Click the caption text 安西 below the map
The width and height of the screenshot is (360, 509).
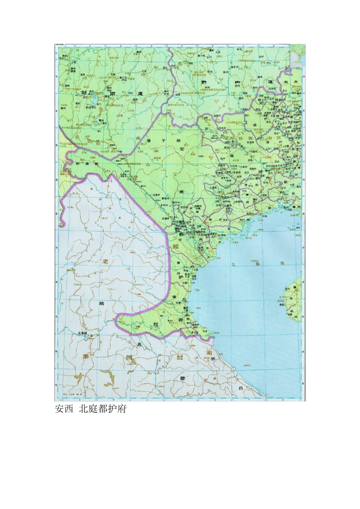[x=64, y=409]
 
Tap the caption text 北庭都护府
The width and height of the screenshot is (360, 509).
[x=102, y=409]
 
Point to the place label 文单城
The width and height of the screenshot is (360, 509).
[x=82, y=333]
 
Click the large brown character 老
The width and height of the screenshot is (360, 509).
[x=105, y=262]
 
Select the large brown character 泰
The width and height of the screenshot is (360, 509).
[x=85, y=356]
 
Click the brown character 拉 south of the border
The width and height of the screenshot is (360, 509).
[x=180, y=357]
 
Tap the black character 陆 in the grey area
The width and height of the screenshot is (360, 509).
[x=101, y=303]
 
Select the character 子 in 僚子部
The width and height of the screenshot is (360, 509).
[x=163, y=141]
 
